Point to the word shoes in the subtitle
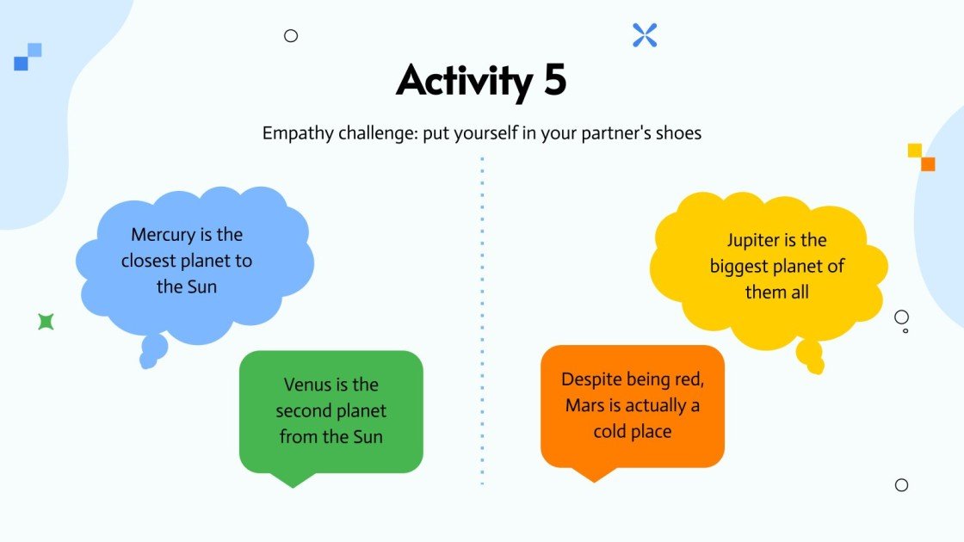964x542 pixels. (x=677, y=133)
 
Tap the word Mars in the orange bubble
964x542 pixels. (x=584, y=405)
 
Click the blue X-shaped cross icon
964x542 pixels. (x=645, y=35)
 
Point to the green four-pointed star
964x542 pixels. (x=46, y=322)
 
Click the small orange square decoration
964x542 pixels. (x=928, y=163)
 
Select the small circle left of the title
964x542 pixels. (x=291, y=36)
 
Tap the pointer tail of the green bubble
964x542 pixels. (x=293, y=478)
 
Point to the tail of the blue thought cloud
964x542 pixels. (x=152, y=351)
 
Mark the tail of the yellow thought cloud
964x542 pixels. (x=810, y=355)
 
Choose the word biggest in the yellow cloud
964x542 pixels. (x=740, y=266)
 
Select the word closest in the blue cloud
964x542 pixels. (x=150, y=260)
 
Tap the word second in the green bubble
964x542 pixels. (x=306, y=410)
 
